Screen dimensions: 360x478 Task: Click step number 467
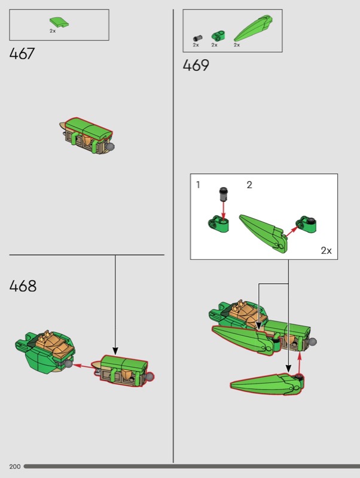[22, 54]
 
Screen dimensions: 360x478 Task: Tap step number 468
[23, 286]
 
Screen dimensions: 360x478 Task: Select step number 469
[196, 65]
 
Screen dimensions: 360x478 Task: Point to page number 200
[14, 467]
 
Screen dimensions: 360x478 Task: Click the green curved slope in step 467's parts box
[59, 22]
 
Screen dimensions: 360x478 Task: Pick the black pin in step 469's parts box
[198, 38]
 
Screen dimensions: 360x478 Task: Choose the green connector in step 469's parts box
[218, 36]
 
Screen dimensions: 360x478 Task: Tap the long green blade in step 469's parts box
[253, 28]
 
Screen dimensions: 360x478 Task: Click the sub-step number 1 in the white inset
[198, 185]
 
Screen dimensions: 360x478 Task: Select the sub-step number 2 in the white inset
[249, 185]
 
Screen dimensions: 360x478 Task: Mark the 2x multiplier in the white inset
[326, 250]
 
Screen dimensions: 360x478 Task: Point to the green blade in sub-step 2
[263, 234]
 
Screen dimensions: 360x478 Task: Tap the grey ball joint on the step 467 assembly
[111, 147]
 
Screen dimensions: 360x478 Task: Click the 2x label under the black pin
[196, 45]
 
